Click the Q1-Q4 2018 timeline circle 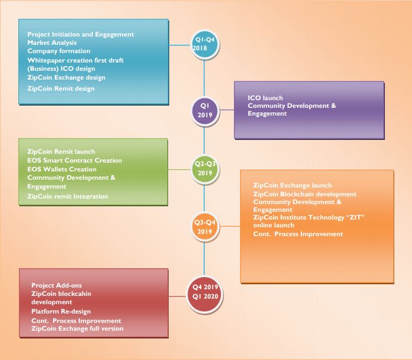tap(205, 44)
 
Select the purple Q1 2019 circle tap(205, 109)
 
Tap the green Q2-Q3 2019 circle tap(205, 168)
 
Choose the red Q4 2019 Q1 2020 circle tap(205, 291)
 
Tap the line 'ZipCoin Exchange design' tap(66, 77)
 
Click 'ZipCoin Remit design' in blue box tap(61, 88)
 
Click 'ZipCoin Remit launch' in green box tap(61, 152)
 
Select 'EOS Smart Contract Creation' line tap(75, 160)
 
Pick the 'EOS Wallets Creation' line tap(61, 169)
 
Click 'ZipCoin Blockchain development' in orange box tap(305, 194)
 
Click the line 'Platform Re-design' tap(61, 312)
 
